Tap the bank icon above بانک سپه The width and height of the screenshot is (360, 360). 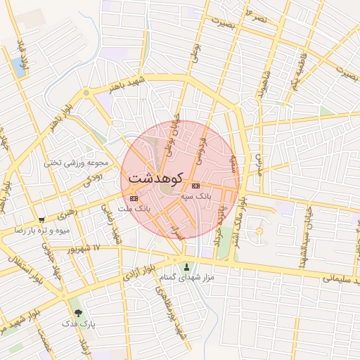point(195,186)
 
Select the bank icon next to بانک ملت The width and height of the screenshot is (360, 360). point(134,199)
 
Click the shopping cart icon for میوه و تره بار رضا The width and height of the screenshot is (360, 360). point(42,219)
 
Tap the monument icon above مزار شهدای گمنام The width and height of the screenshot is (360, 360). point(186,266)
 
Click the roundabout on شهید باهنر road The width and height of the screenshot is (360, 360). point(86,93)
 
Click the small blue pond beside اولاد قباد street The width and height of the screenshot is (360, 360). point(18,67)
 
